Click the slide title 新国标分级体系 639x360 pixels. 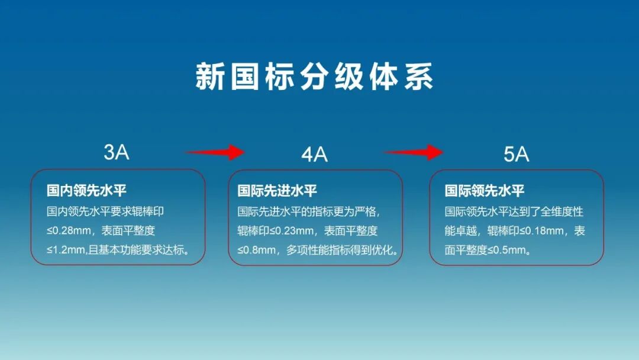[314, 76]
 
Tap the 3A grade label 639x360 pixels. [116, 152]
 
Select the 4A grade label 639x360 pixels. [314, 155]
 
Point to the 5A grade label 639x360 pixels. [516, 155]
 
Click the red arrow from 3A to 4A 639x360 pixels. [214, 153]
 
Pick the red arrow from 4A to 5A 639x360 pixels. [413, 153]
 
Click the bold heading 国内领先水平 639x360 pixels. [86, 191]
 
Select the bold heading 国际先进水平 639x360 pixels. [277, 191]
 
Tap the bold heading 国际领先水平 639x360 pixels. [484, 191]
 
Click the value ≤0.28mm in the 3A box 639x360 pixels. [69, 231]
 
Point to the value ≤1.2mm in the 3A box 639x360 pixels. [66, 250]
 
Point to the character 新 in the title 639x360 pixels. [209, 76]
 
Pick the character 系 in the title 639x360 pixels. [418, 76]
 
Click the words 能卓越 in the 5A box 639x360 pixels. [460, 231]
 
